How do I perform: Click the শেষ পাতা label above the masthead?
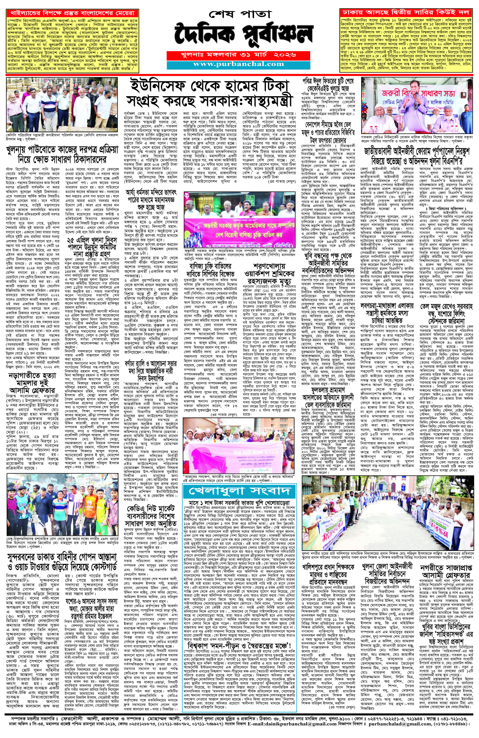(x=239, y=14)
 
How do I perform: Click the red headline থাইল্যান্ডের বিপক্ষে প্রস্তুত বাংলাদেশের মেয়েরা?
(x=73, y=13)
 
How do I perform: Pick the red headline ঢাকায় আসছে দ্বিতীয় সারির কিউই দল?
(x=406, y=13)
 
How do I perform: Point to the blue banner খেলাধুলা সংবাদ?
(x=239, y=491)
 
